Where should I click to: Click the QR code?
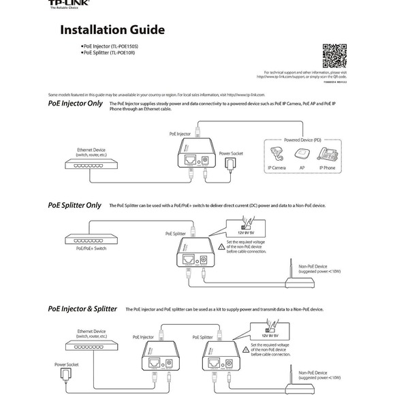(334, 55)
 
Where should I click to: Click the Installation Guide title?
(112, 30)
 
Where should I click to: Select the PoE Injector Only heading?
(76, 104)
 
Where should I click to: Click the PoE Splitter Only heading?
(74, 205)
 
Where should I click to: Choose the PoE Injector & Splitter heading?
(82, 309)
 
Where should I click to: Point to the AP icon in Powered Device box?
(302, 153)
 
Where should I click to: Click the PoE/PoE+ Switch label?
(91, 249)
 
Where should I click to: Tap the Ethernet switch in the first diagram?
(91, 163)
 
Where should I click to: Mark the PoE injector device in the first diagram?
(194, 158)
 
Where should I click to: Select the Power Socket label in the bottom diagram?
(67, 364)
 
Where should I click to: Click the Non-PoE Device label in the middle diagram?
(313, 266)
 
